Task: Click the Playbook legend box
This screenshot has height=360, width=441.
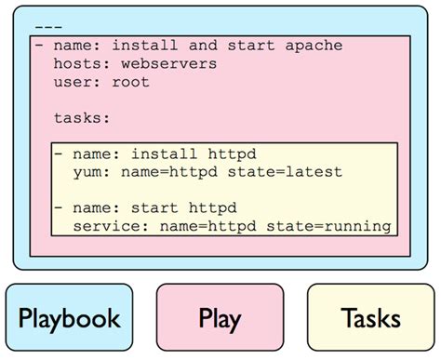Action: (70, 318)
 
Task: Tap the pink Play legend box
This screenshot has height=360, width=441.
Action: (220, 318)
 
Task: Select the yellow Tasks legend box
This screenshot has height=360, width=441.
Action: (370, 318)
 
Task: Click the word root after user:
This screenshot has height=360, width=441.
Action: (129, 82)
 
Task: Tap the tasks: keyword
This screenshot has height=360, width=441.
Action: (82, 118)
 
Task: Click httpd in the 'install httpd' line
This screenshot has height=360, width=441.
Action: (230, 154)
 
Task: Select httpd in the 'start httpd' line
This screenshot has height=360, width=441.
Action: (211, 208)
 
